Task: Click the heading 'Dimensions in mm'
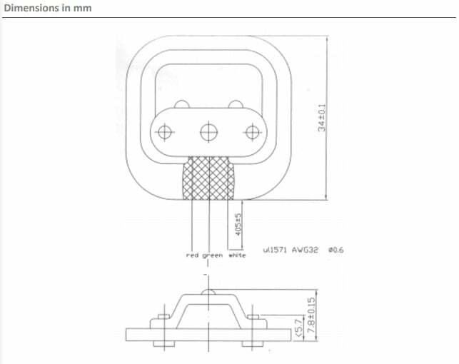[48, 8]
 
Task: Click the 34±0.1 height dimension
[322, 118]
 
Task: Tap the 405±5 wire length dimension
[238, 224]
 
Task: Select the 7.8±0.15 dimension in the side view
[312, 315]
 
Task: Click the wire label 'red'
[192, 255]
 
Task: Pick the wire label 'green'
[213, 256]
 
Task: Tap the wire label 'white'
[237, 255]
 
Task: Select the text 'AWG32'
[305, 250]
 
